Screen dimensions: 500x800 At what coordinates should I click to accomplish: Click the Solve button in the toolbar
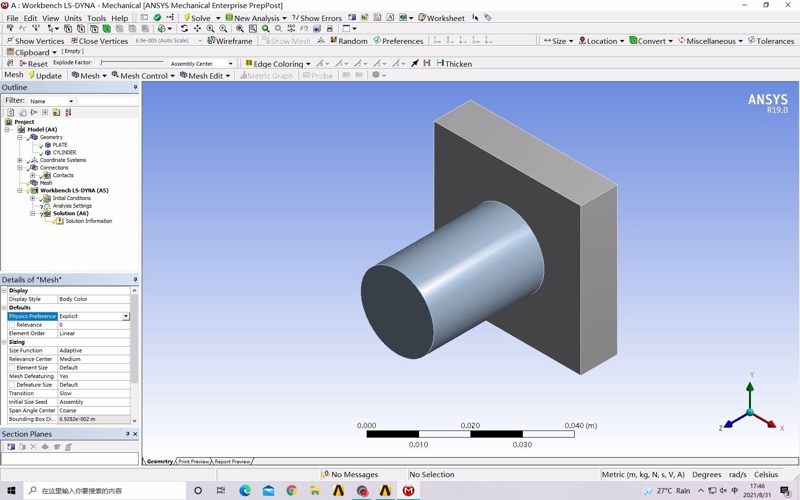(x=197, y=18)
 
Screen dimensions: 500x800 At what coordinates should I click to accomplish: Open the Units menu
(x=73, y=18)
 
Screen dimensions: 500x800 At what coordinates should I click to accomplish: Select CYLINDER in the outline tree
(x=64, y=152)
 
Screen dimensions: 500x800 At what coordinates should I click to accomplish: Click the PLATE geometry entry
(x=60, y=145)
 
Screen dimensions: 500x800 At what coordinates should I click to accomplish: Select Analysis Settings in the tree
(x=72, y=206)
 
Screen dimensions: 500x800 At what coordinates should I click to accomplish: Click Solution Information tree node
(x=89, y=221)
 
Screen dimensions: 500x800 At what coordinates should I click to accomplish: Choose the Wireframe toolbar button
(x=230, y=41)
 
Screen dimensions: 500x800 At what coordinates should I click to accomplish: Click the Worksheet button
(x=441, y=18)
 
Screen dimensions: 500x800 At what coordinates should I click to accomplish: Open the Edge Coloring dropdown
(x=278, y=64)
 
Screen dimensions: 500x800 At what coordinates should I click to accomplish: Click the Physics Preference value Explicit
(x=90, y=316)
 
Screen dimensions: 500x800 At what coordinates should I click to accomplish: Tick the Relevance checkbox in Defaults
(x=12, y=325)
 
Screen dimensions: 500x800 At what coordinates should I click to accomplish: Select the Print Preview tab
(x=193, y=461)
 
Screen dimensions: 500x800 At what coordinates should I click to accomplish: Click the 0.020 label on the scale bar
(x=470, y=425)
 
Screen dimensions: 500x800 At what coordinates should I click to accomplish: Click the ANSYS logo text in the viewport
(x=767, y=100)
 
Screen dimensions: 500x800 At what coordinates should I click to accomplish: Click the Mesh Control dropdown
(x=143, y=76)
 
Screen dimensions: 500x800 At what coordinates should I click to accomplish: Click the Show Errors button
(x=317, y=18)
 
